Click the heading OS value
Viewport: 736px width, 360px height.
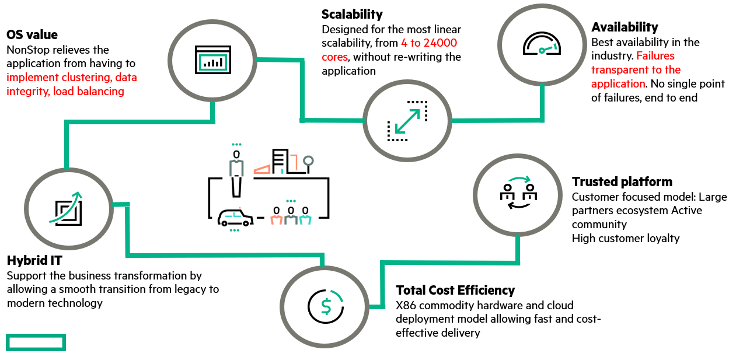pos(32,34)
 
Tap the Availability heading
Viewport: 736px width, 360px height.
pos(625,27)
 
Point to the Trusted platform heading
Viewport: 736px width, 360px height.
pos(622,181)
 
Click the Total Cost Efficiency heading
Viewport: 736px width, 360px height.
pos(455,290)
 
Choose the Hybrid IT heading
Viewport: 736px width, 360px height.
pos(34,260)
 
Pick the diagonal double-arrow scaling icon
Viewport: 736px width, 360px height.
pos(407,121)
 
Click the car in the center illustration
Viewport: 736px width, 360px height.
pos(235,218)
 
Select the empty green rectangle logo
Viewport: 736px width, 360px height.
pos(36,342)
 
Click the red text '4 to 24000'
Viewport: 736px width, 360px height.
pos(429,43)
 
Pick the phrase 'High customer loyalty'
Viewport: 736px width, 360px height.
pos(626,238)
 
